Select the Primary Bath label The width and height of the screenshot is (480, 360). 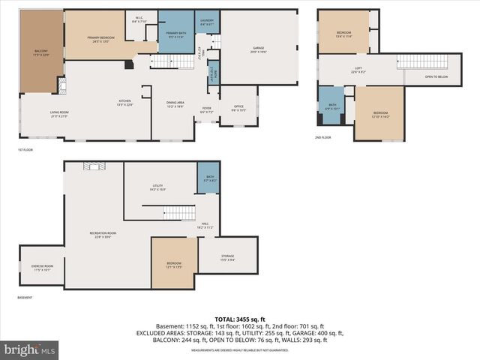point(176,34)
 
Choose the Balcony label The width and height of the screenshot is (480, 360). point(40,52)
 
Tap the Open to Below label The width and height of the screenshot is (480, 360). point(436,76)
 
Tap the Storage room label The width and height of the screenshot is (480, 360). point(227,258)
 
